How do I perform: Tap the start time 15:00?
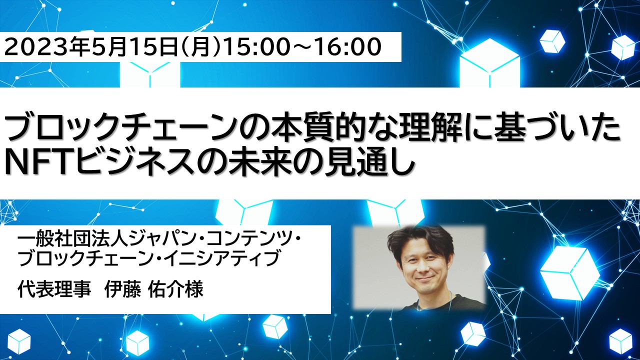coord(255,46)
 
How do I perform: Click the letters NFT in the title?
coord(39,163)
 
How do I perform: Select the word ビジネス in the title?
coord(136,163)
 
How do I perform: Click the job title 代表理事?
coord(54,289)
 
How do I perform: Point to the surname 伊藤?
coord(123,289)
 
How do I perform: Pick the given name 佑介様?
coord(176,289)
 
